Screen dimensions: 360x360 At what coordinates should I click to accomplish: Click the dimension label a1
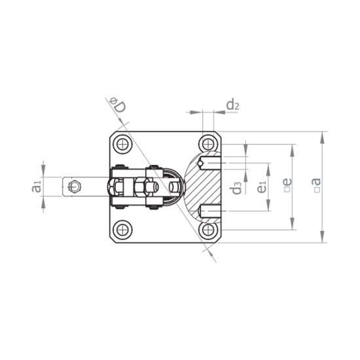pos(37,187)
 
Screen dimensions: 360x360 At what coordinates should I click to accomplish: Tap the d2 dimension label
pos(233,104)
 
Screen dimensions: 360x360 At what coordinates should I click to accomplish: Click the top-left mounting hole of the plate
pos(122,143)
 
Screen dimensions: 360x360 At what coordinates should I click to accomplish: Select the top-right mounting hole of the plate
pos(209,143)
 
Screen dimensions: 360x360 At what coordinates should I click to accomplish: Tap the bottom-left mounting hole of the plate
pos(122,230)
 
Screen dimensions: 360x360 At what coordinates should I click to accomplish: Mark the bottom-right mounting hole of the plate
pos(209,230)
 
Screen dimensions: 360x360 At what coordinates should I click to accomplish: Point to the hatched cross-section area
pos(203,186)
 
